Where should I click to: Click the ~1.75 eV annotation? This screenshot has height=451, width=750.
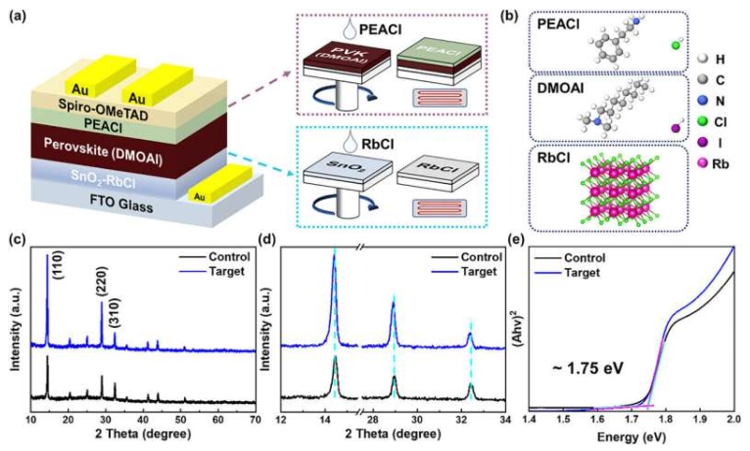(x=592, y=370)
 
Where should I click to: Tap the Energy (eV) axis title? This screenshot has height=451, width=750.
(x=633, y=434)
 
